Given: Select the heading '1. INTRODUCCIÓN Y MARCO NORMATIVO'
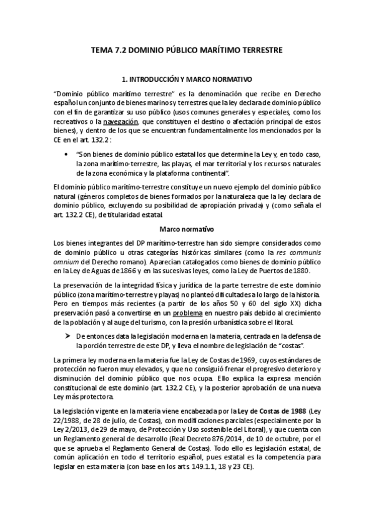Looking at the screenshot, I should tap(187, 80).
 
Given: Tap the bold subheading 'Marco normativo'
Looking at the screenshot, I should tap(186, 212).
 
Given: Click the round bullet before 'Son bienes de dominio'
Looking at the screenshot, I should tap(67, 152).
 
